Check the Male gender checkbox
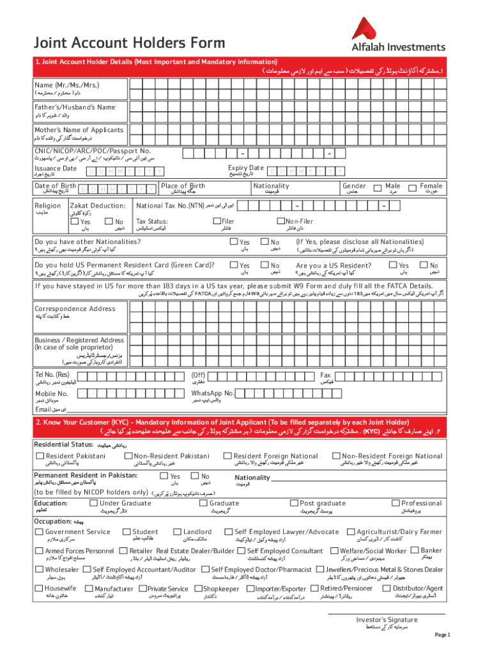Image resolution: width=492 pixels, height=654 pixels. click(x=380, y=187)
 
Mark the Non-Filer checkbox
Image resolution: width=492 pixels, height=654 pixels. click(x=280, y=221)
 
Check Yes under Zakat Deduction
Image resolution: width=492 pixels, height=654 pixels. click(x=75, y=222)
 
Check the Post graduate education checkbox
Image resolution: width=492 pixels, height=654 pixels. click(x=294, y=503)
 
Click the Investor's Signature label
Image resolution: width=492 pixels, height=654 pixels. click(x=387, y=620)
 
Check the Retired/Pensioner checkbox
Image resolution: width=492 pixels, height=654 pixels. click(x=316, y=588)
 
